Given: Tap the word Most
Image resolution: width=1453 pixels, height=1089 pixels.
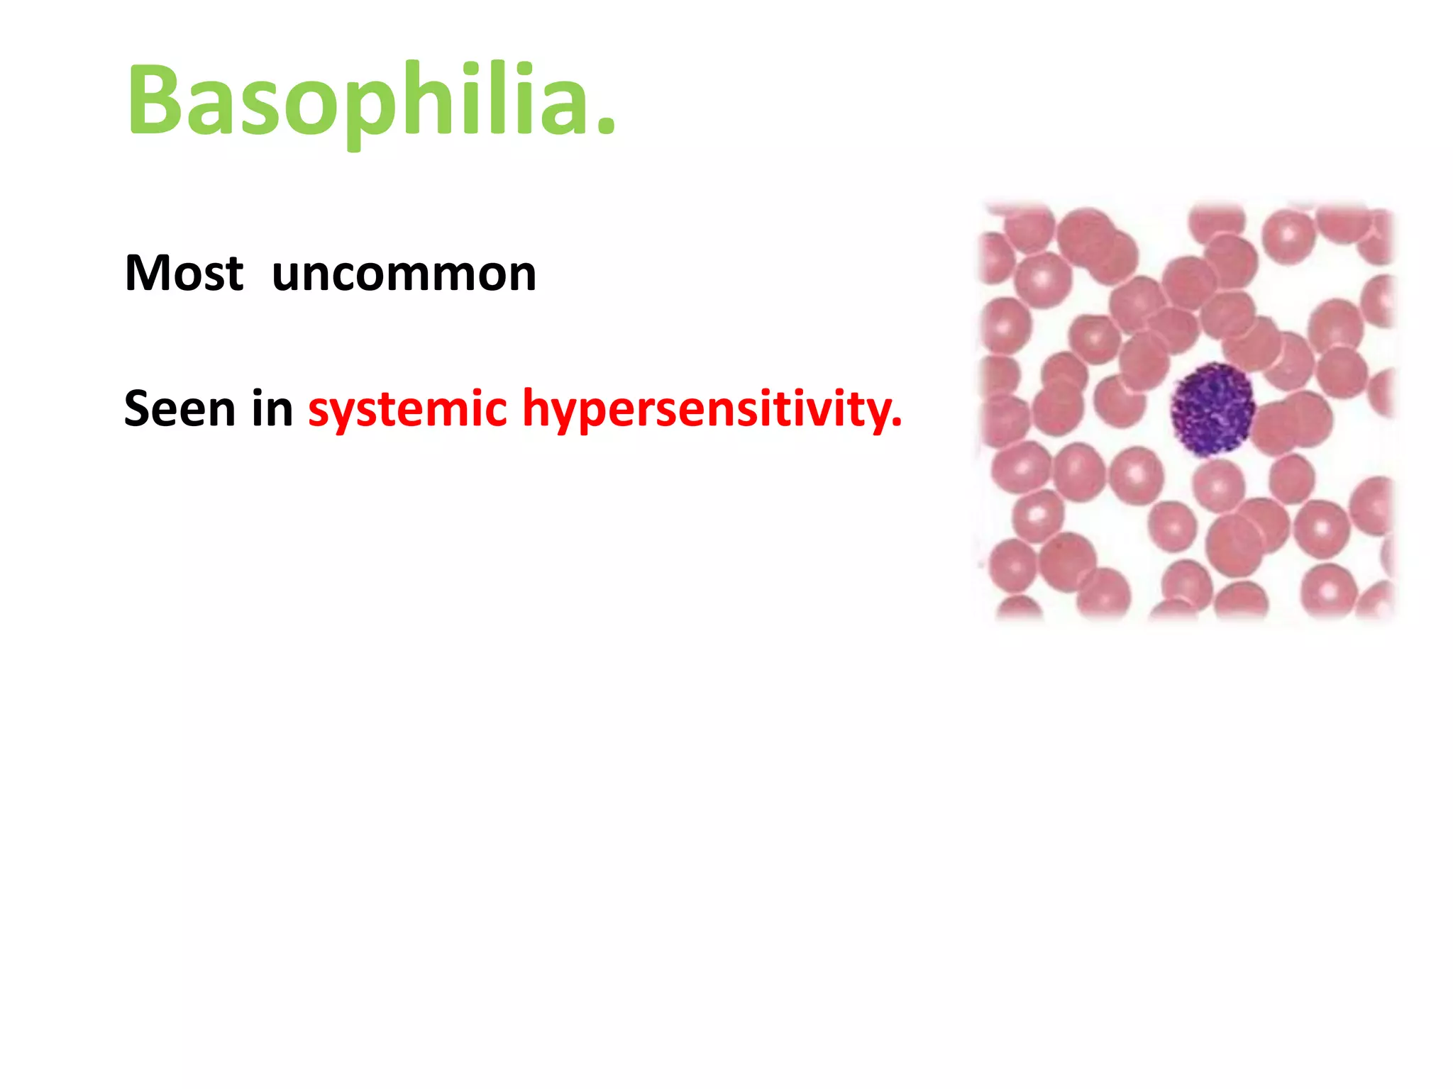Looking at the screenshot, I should tap(184, 273).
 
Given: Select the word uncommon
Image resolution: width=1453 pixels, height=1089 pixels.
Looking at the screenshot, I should tap(404, 274).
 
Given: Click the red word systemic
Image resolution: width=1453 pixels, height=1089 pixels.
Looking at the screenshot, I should tap(407, 410).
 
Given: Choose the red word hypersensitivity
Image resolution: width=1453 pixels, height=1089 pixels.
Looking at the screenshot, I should tap(709, 410).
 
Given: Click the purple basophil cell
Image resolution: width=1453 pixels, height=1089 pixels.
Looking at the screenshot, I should tap(1211, 410).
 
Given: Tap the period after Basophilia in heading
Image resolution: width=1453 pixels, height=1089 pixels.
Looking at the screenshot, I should tap(605, 128).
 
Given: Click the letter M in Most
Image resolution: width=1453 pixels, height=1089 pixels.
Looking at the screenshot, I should tap(148, 273).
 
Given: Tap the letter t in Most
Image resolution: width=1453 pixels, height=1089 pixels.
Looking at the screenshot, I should tap(235, 274).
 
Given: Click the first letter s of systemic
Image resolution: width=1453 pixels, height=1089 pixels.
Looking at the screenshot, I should tap(319, 413).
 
